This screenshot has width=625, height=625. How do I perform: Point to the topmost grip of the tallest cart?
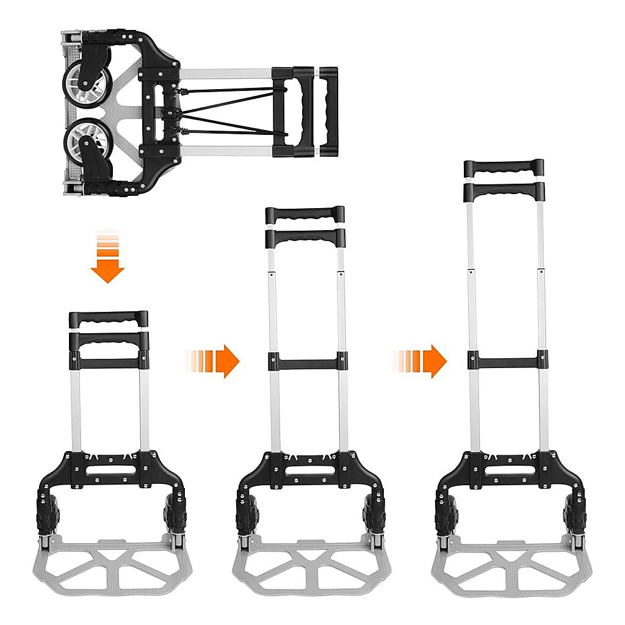(x=504, y=167)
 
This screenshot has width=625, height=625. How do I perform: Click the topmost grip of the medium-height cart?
(x=305, y=214)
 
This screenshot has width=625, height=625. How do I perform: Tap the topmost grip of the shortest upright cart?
(x=108, y=319)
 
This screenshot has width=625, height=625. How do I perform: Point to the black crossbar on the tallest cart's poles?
(x=508, y=360)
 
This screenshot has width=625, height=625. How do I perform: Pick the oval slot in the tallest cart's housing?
(x=508, y=471)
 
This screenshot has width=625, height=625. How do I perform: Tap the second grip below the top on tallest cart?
(x=504, y=190)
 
